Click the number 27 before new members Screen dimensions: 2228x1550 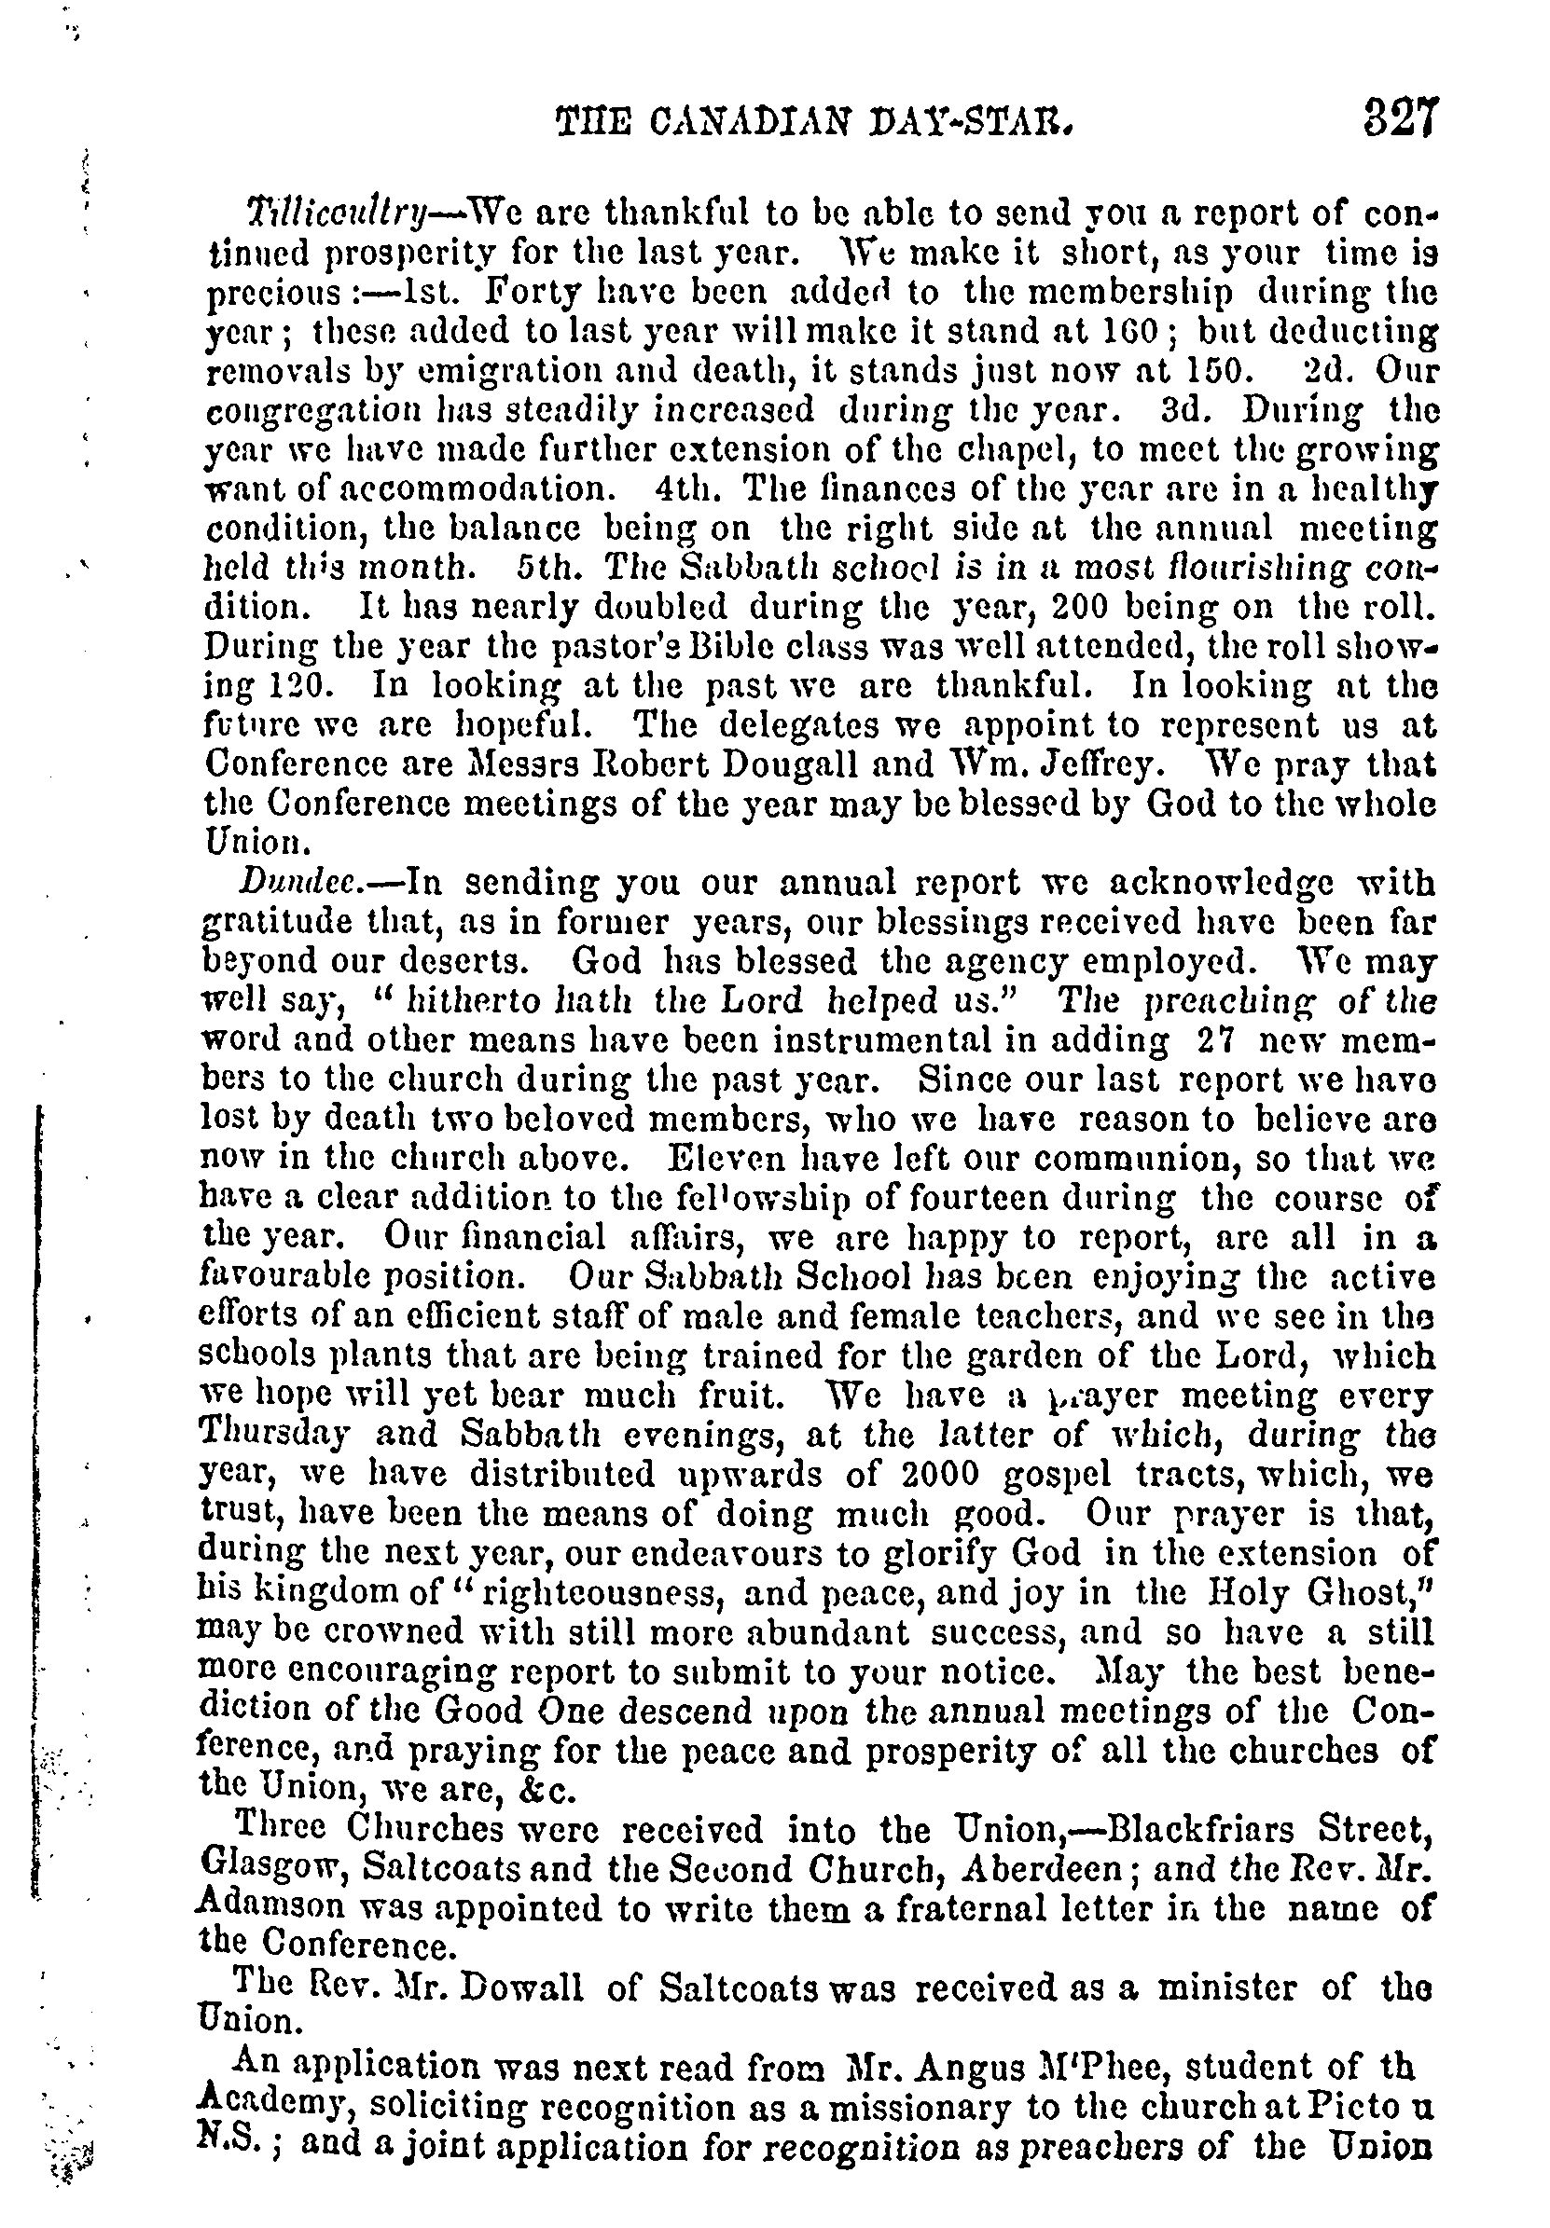tap(1213, 1039)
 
